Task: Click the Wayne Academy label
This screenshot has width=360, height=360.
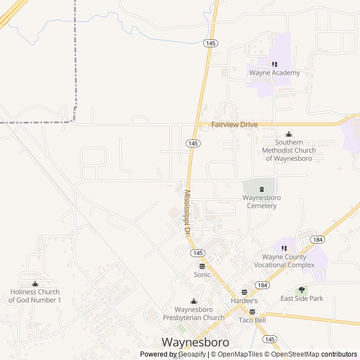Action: pos(274,73)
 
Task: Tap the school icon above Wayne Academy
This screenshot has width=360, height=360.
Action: pos(274,65)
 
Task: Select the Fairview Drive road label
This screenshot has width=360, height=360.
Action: pos(234,124)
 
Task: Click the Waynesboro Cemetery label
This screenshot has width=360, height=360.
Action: pos(262,201)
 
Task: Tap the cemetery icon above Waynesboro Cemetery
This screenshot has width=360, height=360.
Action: pos(262,189)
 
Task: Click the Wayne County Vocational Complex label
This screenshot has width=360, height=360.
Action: pos(284,261)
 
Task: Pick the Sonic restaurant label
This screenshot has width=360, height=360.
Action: pos(202,275)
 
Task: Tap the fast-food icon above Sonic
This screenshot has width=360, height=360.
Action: pos(202,266)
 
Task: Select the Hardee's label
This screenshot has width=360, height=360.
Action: pos(244,301)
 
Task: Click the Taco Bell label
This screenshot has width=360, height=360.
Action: pos(252,320)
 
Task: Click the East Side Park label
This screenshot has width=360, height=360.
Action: pos(302,299)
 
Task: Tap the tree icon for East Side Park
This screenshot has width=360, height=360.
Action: pos(302,290)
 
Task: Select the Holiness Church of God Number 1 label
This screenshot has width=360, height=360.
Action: pos(35,296)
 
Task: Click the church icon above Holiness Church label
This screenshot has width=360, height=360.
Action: pos(35,284)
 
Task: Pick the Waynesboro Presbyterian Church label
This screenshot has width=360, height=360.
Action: pos(194,314)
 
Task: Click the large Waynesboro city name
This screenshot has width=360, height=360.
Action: pos(195,342)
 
